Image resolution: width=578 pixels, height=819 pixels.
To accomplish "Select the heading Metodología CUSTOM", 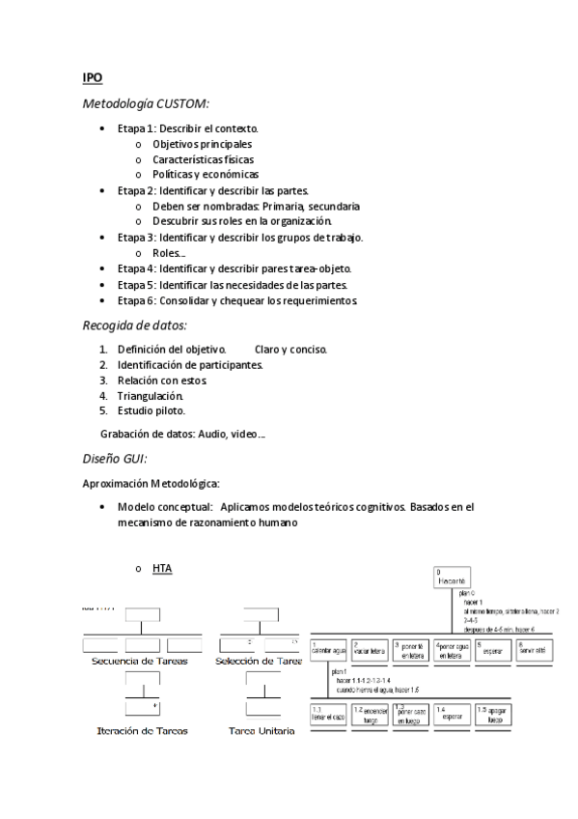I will click(x=146, y=102).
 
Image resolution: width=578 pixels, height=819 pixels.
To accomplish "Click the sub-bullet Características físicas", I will click(x=203, y=159).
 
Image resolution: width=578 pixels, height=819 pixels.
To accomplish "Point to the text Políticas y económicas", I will click(x=206, y=175).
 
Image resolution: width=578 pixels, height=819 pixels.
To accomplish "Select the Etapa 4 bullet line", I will click(x=234, y=268).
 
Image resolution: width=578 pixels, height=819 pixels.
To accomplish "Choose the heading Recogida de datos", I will click(x=135, y=325).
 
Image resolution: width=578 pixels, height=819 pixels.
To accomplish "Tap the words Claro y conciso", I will click(x=290, y=349).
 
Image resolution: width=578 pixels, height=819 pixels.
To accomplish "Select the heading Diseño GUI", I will click(x=115, y=460).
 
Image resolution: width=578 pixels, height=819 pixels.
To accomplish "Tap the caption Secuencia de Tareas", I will click(x=139, y=662).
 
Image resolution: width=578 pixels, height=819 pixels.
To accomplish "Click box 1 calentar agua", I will click(x=329, y=650).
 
